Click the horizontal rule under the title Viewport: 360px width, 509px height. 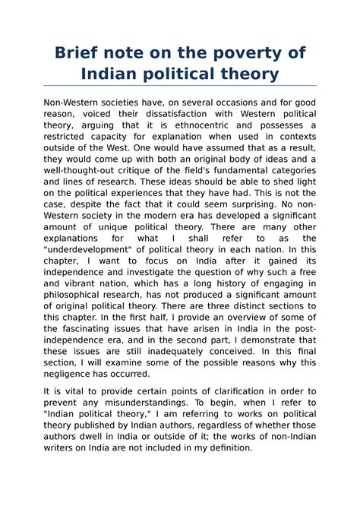tap(180, 86)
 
